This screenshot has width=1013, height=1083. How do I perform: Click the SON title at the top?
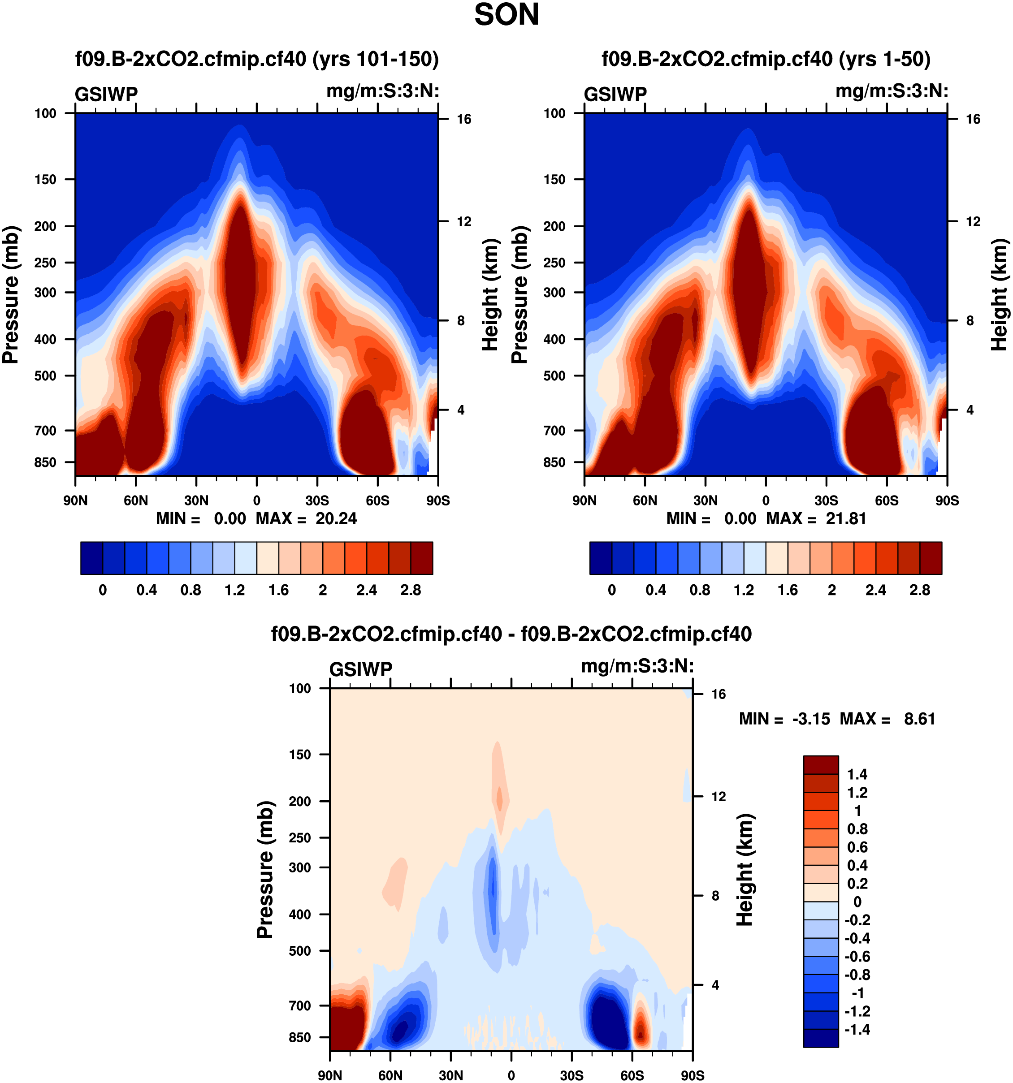(x=506, y=15)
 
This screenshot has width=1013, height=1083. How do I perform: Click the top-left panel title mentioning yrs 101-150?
(x=257, y=59)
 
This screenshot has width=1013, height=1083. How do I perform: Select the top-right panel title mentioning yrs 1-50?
(x=766, y=59)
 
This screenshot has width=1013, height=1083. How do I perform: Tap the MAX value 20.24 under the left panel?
(x=336, y=518)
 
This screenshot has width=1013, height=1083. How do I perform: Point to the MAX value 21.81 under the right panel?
(x=846, y=518)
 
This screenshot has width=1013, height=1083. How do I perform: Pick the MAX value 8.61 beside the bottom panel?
(x=919, y=719)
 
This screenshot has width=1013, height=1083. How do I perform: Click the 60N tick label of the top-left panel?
(x=136, y=501)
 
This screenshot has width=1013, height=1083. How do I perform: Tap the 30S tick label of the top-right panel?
(x=826, y=501)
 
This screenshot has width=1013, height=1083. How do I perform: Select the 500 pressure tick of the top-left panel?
(x=45, y=376)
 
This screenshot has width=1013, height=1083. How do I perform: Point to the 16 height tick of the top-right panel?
(x=973, y=119)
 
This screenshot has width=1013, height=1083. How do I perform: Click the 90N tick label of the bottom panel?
(x=330, y=1075)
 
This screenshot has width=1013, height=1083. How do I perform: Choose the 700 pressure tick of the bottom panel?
(x=300, y=1005)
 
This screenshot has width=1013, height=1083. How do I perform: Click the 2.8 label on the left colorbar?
(x=410, y=591)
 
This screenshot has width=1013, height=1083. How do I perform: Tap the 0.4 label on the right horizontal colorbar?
(x=655, y=591)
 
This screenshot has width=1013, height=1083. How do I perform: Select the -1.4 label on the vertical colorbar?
(x=857, y=1030)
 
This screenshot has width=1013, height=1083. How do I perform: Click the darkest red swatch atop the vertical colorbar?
(x=821, y=765)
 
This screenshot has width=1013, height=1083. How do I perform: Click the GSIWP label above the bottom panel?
(x=361, y=669)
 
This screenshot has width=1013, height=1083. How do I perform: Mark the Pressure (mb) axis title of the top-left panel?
(x=11, y=295)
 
